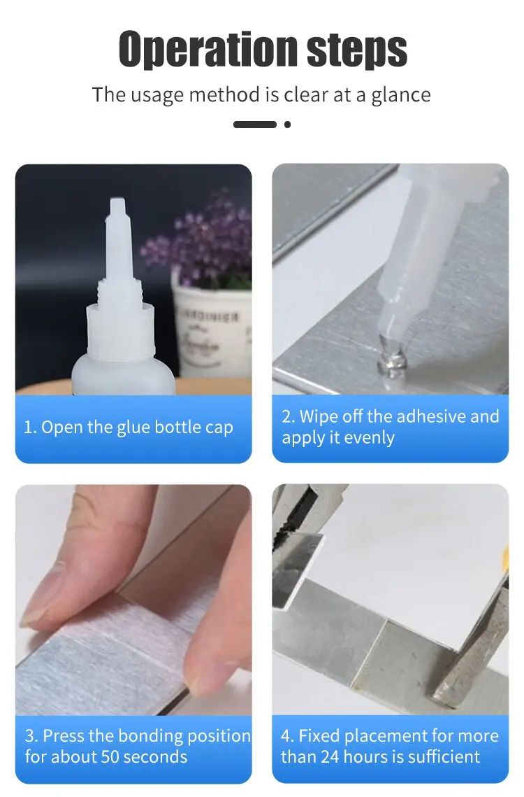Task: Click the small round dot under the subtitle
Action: pos(287,125)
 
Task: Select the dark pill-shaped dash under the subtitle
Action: pos(254,125)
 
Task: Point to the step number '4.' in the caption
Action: pos(287,736)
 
